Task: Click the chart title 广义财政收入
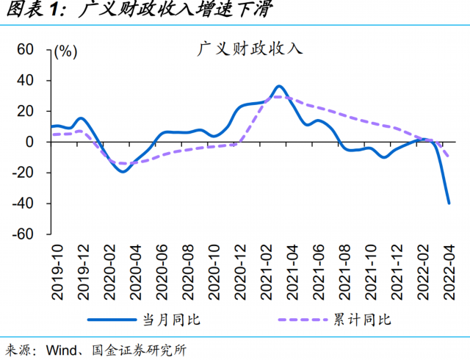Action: (x=250, y=50)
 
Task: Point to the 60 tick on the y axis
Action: (x=26, y=49)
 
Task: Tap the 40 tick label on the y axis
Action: (x=26, y=80)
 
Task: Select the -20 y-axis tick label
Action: (x=23, y=173)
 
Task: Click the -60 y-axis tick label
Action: (x=23, y=234)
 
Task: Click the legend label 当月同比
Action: (x=170, y=319)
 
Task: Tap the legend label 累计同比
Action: (x=367, y=319)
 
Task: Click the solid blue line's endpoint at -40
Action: (x=449, y=203)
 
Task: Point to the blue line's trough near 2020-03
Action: (x=123, y=171)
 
